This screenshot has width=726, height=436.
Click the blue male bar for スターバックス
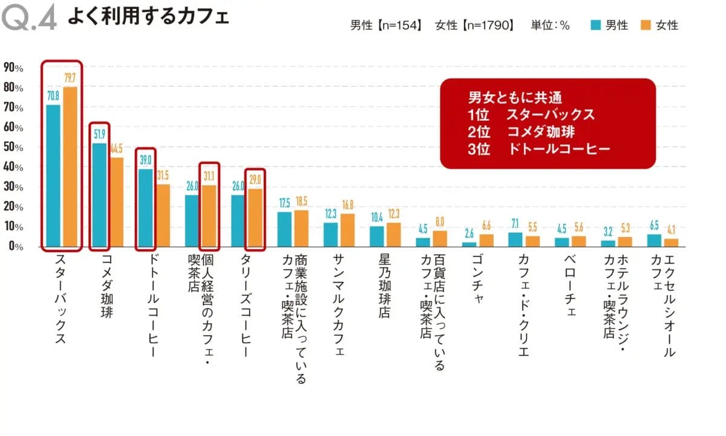(x=53, y=175)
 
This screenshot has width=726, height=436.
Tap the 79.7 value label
(x=70, y=78)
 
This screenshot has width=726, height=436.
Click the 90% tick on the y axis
(x=13, y=68)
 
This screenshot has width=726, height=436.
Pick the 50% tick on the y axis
(x=13, y=148)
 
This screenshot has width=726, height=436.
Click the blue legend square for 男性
(x=595, y=25)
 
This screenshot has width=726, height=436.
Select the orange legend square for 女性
(x=645, y=25)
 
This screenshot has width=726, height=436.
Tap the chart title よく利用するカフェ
(x=148, y=17)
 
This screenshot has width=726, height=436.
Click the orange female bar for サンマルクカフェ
(x=347, y=230)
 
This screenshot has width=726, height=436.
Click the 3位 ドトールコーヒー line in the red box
(x=538, y=149)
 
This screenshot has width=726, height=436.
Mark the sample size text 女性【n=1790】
(x=474, y=25)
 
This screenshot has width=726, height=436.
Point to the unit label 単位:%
(x=551, y=25)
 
